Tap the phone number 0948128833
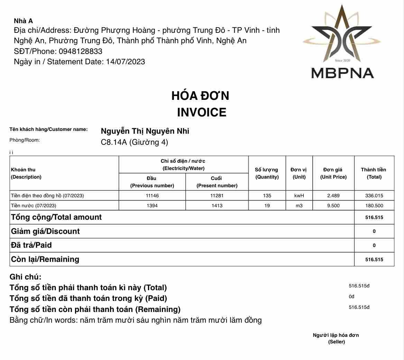[81, 51]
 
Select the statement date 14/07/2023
[125, 62]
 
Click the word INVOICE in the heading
[201, 112]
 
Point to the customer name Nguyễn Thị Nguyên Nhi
[145, 131]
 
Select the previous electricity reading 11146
[152, 196]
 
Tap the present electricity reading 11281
[217, 196]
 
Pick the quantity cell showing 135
[267, 196]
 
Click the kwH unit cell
[299, 196]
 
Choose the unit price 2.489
[333, 196]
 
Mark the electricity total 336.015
[374, 196]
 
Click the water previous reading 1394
[152, 206]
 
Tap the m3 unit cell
[299, 206]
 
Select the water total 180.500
[374, 206]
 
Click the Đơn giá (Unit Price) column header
[333, 173]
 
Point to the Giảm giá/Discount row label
[45, 231]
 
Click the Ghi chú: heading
[26, 277]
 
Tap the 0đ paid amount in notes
[351, 296]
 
